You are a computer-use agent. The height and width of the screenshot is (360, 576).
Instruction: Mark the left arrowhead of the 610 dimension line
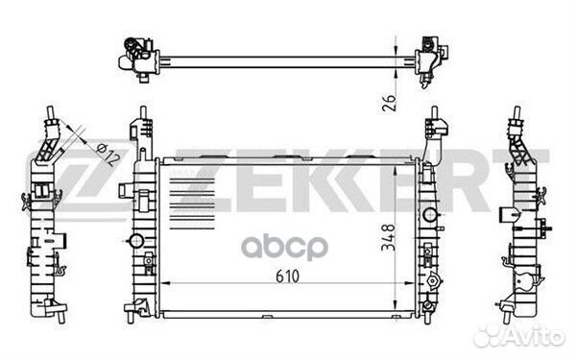click(x=160, y=285)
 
